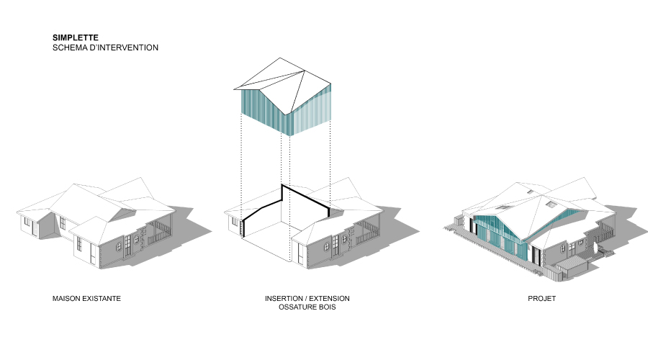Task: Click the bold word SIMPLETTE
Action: coord(75,37)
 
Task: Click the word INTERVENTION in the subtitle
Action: coord(128,48)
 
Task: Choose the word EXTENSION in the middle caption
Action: coord(329,298)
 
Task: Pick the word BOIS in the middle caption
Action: coord(327,307)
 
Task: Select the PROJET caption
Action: coord(541,298)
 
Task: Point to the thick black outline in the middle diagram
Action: coord(282,194)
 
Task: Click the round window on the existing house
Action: coord(119,247)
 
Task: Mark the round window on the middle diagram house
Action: coord(326,247)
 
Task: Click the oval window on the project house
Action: coord(563,248)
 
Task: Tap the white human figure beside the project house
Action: coord(595,249)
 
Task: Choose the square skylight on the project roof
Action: coord(551,204)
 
